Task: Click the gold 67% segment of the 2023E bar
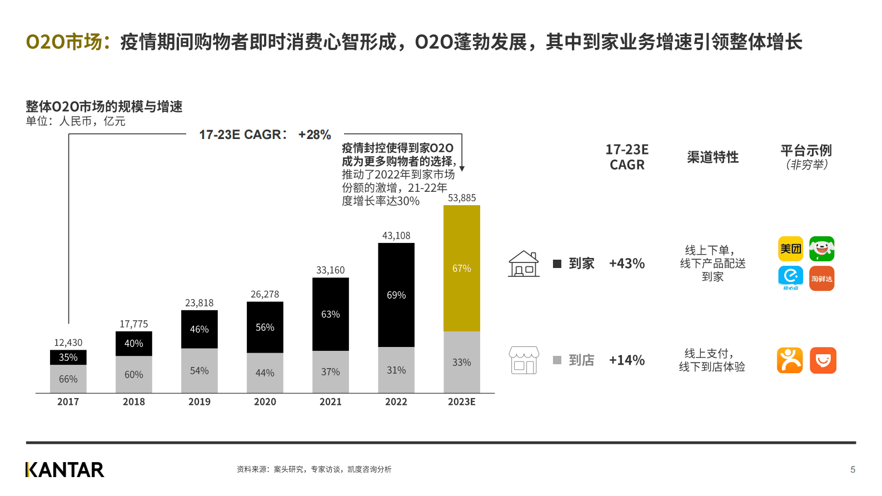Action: [461, 268]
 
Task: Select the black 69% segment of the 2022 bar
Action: [396, 295]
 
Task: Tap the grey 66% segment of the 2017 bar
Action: [68, 379]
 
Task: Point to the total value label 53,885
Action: [462, 198]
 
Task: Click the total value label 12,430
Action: [68, 343]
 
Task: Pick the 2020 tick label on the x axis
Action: [265, 401]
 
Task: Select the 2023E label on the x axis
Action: [461, 401]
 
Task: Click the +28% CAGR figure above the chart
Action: [315, 135]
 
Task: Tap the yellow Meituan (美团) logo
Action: [790, 249]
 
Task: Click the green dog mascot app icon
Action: [821, 249]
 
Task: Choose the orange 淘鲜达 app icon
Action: [821, 279]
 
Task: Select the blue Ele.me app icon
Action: [790, 277]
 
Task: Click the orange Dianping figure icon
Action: [790, 360]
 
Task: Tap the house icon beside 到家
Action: [524, 264]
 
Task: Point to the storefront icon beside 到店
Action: [524, 360]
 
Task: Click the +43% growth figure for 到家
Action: [626, 264]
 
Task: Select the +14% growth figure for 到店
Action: [626, 360]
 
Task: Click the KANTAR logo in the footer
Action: [64, 470]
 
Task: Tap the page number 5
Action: [853, 470]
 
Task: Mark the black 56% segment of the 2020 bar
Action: [265, 327]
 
